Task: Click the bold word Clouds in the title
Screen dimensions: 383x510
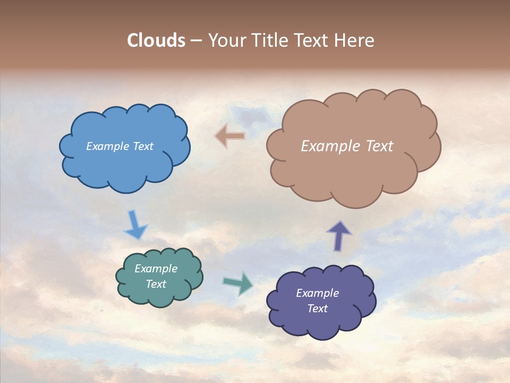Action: pyautogui.click(x=156, y=40)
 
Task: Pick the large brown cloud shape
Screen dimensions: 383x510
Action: pyautogui.click(x=353, y=176)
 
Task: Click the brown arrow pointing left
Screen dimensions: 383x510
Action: pyautogui.click(x=230, y=136)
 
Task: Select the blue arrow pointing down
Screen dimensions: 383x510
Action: pyautogui.click(x=135, y=225)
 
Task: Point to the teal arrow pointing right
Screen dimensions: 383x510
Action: pyautogui.click(x=239, y=282)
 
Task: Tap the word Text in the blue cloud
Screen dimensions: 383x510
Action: pyautogui.click(x=142, y=146)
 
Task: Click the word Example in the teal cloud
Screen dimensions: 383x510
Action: pyautogui.click(x=156, y=269)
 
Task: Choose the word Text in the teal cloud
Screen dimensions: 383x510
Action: pyautogui.click(x=156, y=284)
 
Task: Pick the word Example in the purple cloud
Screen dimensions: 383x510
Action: pyautogui.click(x=317, y=293)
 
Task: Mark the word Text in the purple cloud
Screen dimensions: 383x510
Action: pyautogui.click(x=317, y=309)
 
